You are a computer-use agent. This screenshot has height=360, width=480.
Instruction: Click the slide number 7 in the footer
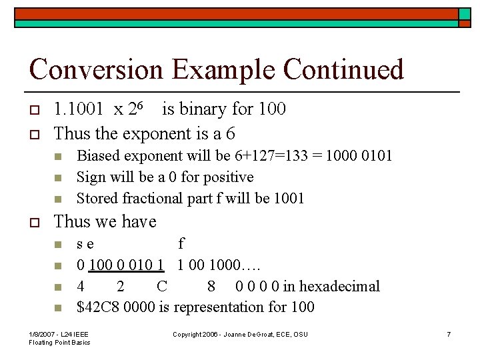[x=449, y=334]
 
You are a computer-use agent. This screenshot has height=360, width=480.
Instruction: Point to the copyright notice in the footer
[x=240, y=334]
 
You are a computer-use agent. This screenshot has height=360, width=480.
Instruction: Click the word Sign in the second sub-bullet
[x=90, y=177]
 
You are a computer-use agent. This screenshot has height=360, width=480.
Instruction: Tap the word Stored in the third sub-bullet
[x=95, y=199]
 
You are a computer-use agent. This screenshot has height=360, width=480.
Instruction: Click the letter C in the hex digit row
[x=162, y=287]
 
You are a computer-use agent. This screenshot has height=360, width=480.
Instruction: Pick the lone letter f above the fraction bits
[x=181, y=243]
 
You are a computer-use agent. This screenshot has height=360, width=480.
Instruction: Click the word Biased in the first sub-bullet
[x=96, y=156]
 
